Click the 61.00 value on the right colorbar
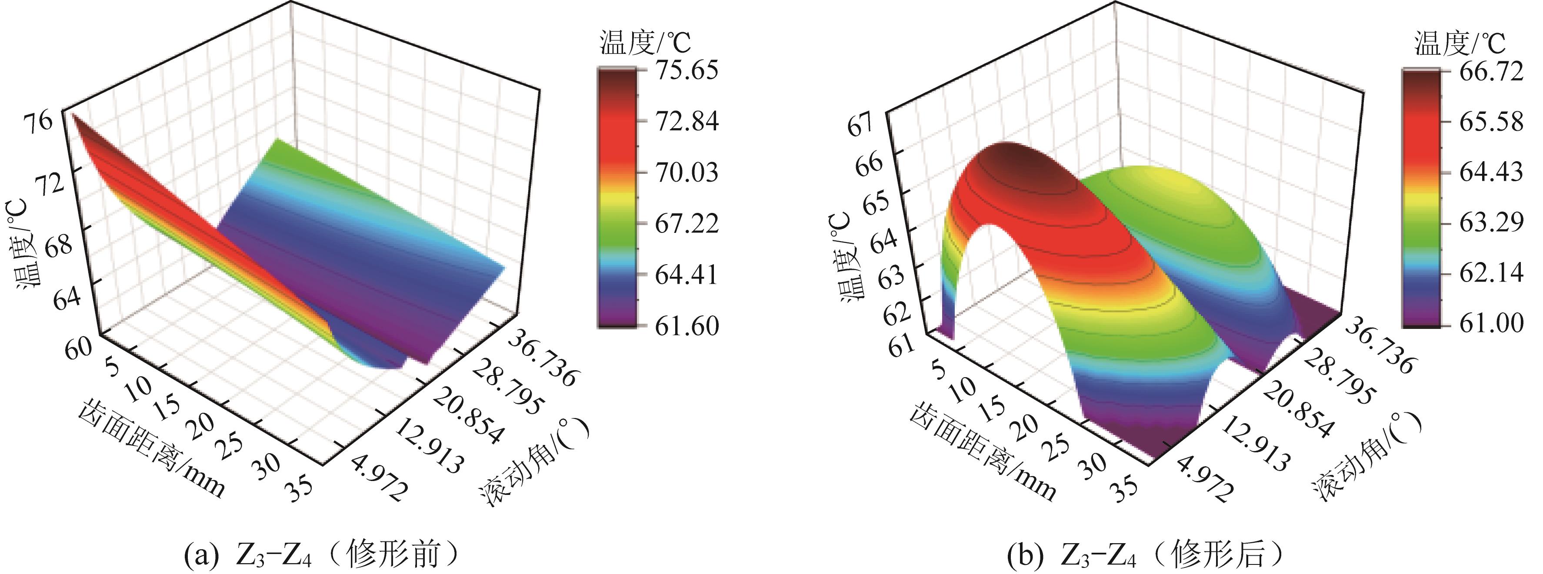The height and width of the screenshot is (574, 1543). [1491, 323]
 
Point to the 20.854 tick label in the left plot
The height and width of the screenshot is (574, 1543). [467, 416]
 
